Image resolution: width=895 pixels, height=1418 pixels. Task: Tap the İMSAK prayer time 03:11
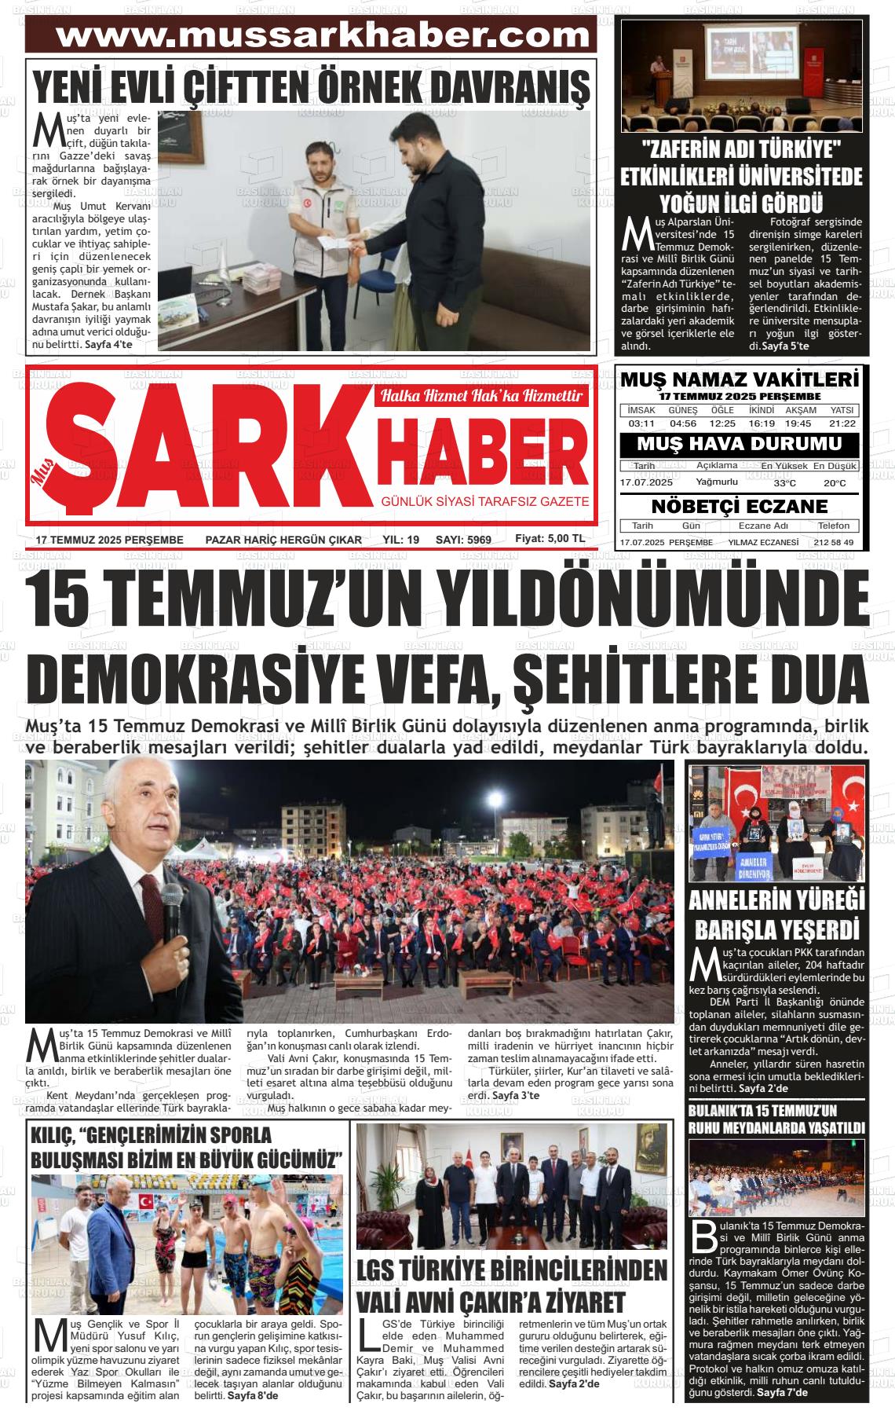point(641,423)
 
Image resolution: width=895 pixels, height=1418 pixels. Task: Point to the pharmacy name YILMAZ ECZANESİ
point(763,543)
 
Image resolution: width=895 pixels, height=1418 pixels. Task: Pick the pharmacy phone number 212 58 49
point(834,543)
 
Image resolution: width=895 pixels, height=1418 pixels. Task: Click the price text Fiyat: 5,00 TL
point(550,539)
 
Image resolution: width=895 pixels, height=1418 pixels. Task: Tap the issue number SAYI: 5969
point(462,540)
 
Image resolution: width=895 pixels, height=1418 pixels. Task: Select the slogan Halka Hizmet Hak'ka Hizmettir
point(481,397)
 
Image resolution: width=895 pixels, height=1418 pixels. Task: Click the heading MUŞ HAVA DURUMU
point(739,445)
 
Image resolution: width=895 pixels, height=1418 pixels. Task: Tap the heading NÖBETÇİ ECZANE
point(739,507)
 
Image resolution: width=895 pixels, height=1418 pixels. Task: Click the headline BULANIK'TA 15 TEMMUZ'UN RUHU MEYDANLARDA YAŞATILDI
point(776,1119)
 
